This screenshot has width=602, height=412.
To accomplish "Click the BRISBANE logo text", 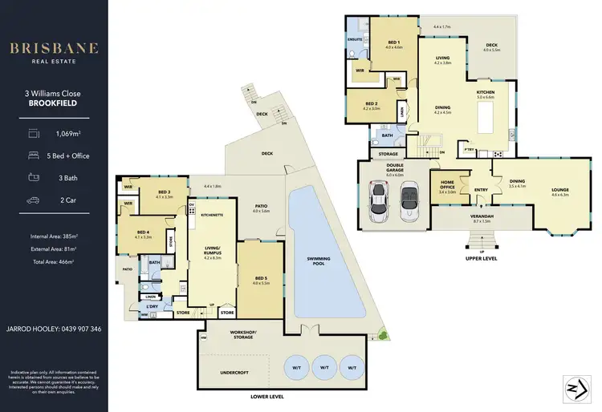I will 54,48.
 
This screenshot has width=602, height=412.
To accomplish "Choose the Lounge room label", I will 559,191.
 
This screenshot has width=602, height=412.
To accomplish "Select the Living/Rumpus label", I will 213,252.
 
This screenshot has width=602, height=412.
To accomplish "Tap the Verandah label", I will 481,217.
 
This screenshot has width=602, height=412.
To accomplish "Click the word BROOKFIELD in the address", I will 54,104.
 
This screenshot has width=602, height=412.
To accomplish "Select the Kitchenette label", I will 212,215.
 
